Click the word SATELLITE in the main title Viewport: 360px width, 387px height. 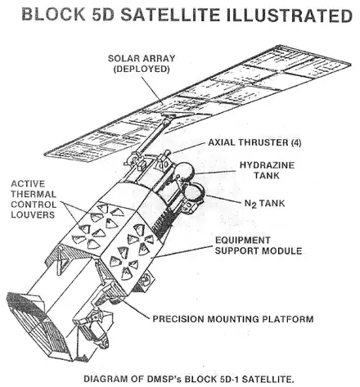(x=170, y=15)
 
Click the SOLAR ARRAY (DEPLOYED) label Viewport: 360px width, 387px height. (x=142, y=64)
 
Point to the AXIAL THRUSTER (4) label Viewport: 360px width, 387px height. (x=254, y=142)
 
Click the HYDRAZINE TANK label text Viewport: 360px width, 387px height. (x=267, y=170)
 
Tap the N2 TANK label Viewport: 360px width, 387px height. (x=264, y=204)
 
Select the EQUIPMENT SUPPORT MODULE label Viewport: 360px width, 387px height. (x=259, y=245)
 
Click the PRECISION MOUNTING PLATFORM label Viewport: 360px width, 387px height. (x=233, y=319)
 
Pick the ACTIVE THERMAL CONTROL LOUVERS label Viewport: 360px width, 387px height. (x=34, y=200)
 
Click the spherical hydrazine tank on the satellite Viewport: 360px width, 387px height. (x=184, y=172)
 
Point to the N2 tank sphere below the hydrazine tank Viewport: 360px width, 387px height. (x=194, y=191)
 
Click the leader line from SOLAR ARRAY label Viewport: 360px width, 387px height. (x=151, y=89)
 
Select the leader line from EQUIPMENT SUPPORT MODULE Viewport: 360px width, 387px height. (x=181, y=252)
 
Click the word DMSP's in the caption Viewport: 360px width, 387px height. (x=165, y=379)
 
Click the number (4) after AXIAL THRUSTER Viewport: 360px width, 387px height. (x=296, y=142)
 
